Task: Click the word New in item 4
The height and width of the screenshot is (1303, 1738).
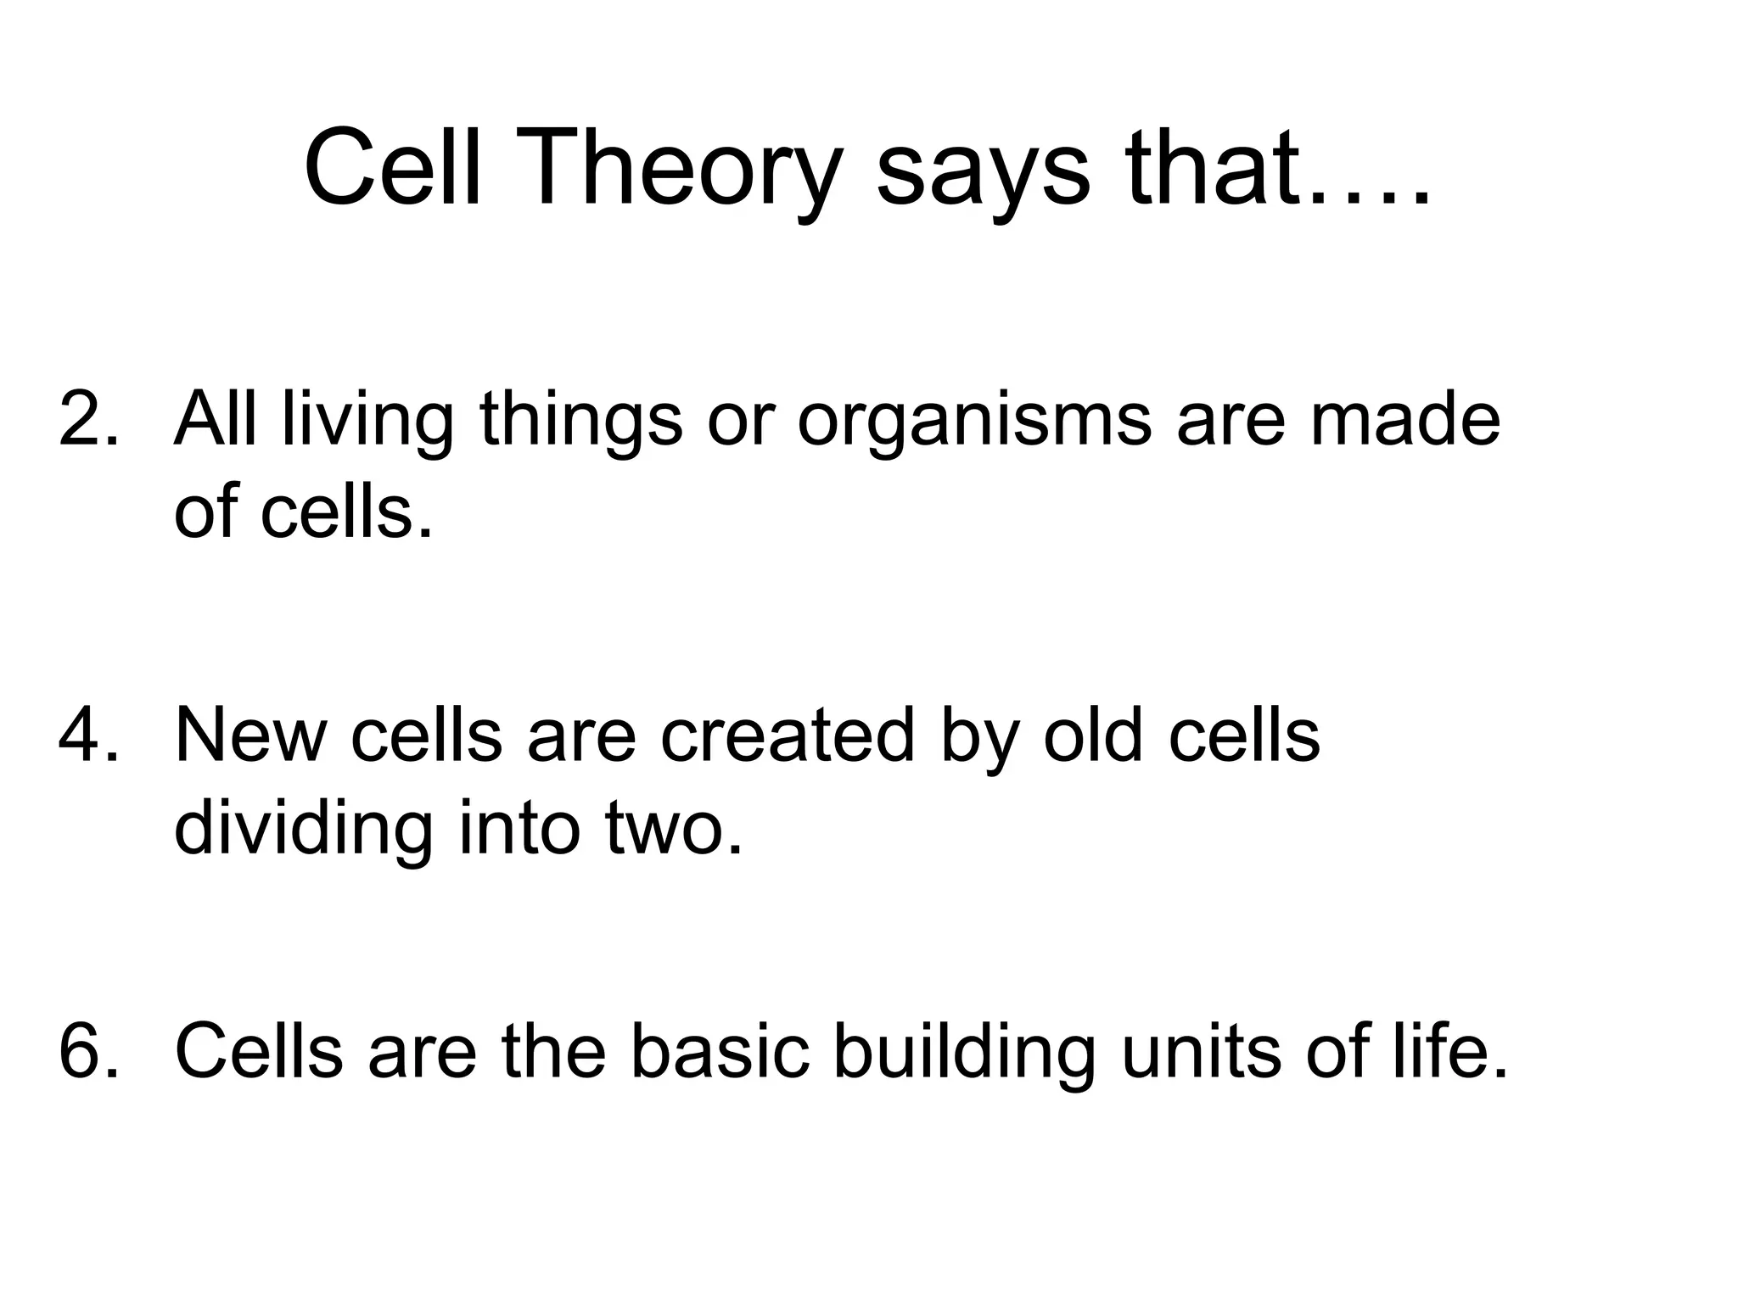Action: pyautogui.click(x=250, y=735)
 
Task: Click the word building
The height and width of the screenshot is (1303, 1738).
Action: pyautogui.click(x=963, y=1053)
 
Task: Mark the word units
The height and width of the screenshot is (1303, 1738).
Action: pyautogui.click(x=1201, y=1051)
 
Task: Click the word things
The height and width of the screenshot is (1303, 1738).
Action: pyautogui.click(x=581, y=422)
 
